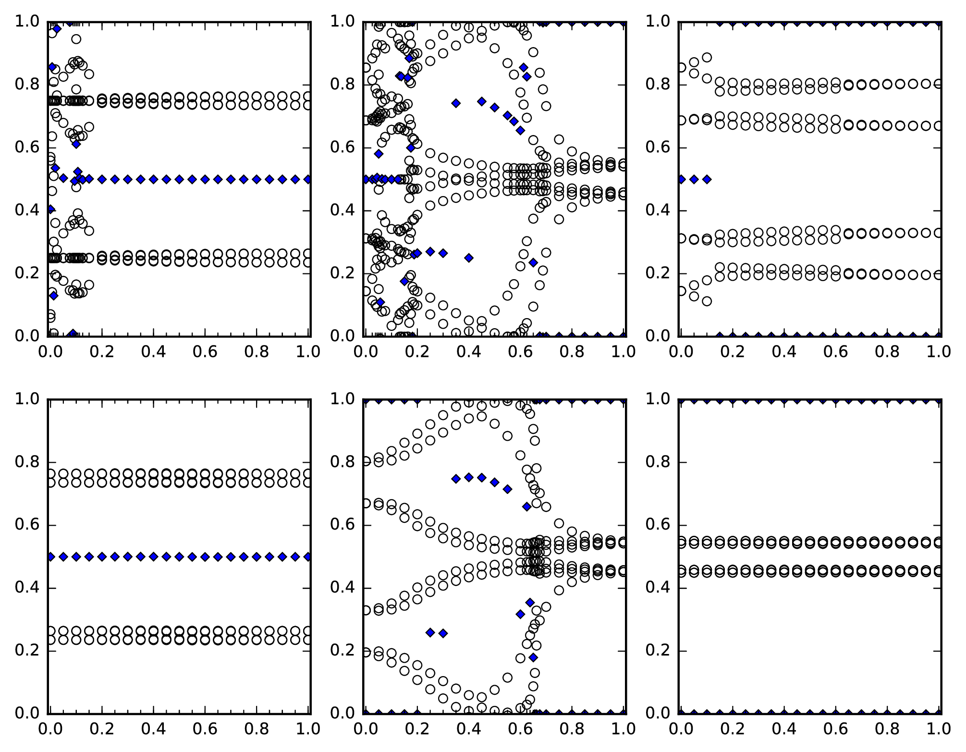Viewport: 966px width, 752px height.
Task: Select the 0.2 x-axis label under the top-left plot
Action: pyautogui.click(x=102, y=352)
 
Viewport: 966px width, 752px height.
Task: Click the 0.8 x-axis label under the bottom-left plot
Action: pyautogui.click(x=257, y=729)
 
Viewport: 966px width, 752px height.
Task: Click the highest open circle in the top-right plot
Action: pyautogui.click(x=707, y=58)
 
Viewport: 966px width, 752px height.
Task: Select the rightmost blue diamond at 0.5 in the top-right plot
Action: pyautogui.click(x=707, y=179)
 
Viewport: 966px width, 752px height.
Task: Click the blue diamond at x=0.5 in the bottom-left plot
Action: pyautogui.click(x=179, y=556)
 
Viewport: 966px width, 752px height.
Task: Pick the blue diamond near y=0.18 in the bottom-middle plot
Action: pyautogui.click(x=533, y=657)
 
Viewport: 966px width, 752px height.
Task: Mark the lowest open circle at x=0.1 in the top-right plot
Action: pyautogui.click(x=707, y=301)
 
